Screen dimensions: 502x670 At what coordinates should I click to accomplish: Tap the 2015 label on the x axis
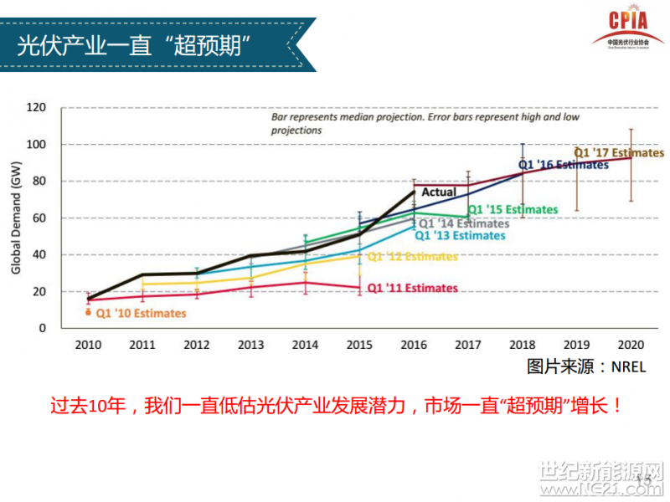click(359, 344)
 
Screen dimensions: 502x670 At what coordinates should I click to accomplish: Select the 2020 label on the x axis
click(630, 344)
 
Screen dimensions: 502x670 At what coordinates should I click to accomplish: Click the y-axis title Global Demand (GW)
click(16, 218)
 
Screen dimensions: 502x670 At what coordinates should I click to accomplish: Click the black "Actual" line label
click(439, 192)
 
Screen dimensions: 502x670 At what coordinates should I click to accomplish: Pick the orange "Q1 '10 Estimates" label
click(141, 314)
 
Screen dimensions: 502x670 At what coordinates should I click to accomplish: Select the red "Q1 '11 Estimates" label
click(412, 288)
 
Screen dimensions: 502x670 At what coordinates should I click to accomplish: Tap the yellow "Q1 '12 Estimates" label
click(412, 256)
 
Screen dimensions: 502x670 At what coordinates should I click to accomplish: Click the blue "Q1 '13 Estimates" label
click(460, 235)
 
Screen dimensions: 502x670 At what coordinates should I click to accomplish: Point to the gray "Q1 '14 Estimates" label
click(463, 223)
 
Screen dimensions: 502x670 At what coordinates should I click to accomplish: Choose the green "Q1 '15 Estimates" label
click(512, 209)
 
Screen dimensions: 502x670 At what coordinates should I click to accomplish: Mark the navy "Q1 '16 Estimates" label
click(563, 165)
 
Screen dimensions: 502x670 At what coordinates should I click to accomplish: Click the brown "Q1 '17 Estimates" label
click(618, 153)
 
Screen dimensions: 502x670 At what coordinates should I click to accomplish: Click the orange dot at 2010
click(89, 312)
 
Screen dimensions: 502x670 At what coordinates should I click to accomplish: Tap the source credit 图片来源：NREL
click(586, 366)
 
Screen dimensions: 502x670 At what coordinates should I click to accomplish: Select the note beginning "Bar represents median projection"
click(425, 124)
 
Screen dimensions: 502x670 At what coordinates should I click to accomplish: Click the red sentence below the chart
click(336, 407)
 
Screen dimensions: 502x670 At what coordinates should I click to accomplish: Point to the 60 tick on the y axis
click(38, 218)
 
